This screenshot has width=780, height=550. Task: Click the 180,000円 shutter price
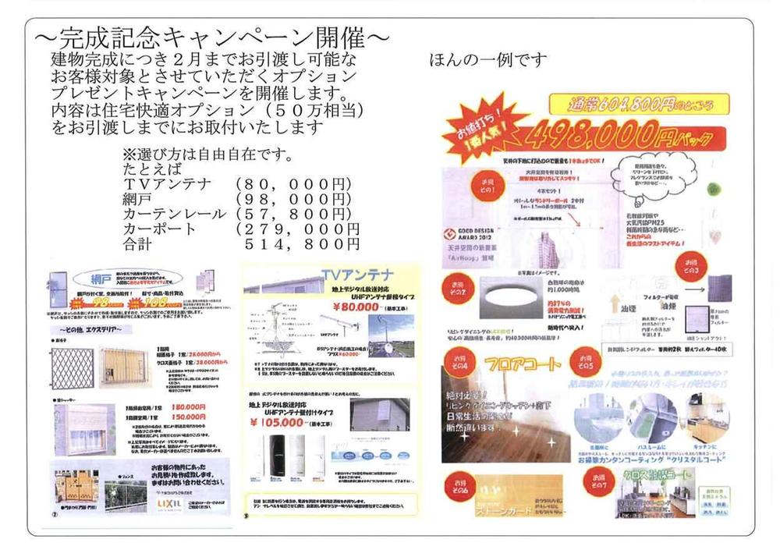point(190,406)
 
